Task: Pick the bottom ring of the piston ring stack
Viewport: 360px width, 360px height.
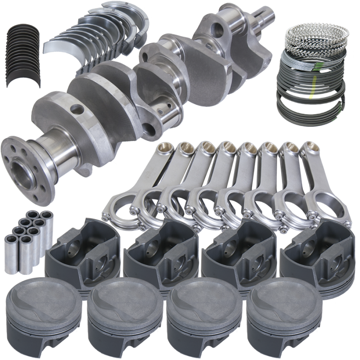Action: (310, 112)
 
